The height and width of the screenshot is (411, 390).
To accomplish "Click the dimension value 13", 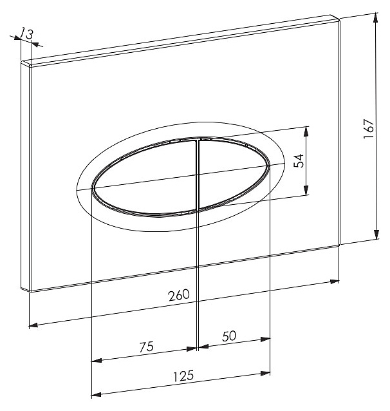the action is click(27, 33).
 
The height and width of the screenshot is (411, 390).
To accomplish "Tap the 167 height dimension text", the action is click(369, 129).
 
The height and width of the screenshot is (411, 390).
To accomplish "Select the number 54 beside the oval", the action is click(299, 160).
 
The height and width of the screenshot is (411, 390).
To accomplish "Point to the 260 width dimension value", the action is click(179, 296).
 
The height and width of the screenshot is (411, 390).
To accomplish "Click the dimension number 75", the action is click(147, 347).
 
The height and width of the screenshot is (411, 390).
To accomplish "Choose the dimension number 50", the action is click(229, 336).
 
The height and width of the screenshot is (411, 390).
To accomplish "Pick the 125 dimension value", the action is click(183, 376).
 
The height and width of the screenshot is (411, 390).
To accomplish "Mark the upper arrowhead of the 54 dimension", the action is click(306, 131).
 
